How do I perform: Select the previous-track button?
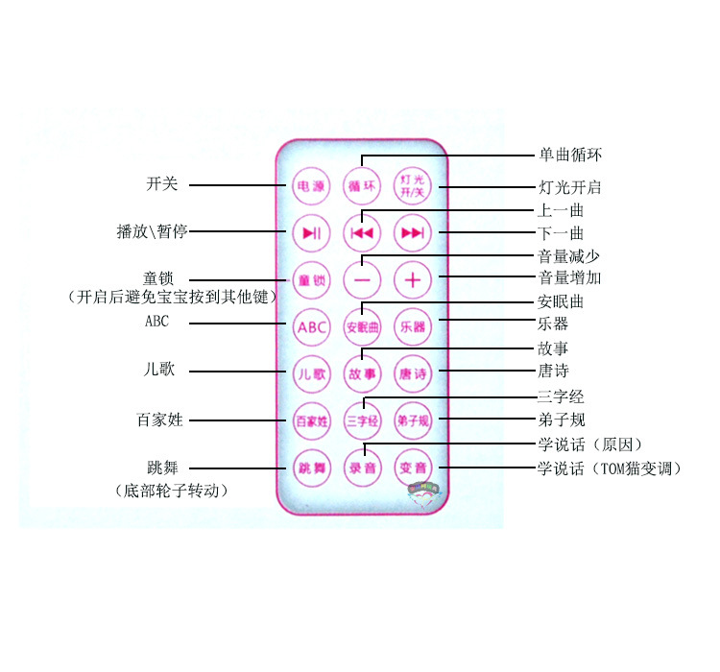point(362,232)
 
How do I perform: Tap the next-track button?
point(413,232)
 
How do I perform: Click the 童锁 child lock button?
point(311,279)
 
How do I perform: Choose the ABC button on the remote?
point(311,326)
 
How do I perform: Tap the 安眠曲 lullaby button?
point(362,326)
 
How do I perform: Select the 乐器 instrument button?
point(413,326)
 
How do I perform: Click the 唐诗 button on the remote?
point(413,373)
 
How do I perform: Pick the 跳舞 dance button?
point(311,468)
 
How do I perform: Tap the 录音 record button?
point(362,468)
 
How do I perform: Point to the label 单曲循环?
point(570,155)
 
